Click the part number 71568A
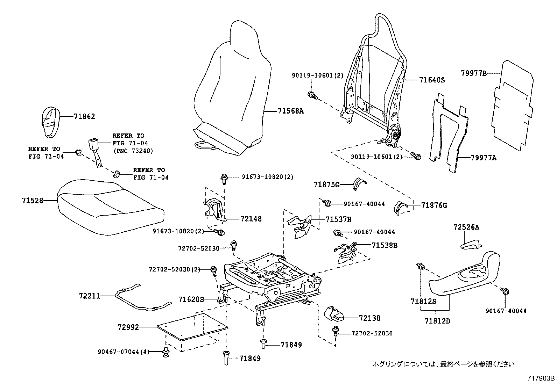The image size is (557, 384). coord(290,111)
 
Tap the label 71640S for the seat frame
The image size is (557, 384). coord(432,80)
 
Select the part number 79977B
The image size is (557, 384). coord(473,73)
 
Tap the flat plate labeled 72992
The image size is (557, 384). coord(192,327)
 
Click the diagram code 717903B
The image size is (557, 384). coord(541,378)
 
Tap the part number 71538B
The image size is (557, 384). coord(385,246)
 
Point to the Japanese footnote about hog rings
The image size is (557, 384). coord(443,364)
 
